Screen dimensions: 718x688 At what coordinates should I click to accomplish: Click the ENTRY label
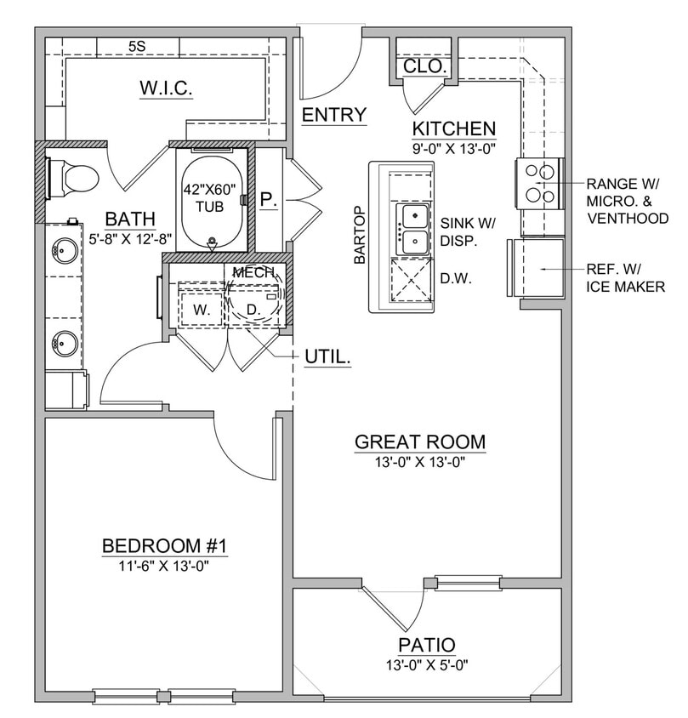coord(334,115)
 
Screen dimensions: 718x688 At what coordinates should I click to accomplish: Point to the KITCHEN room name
coord(453,128)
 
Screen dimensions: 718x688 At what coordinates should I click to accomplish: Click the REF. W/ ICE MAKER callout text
coord(625,278)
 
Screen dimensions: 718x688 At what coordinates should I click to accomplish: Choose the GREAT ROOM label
coord(420,442)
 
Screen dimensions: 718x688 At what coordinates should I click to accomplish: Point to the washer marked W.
coord(201,310)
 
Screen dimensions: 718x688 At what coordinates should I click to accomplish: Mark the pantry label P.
coord(267,200)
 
